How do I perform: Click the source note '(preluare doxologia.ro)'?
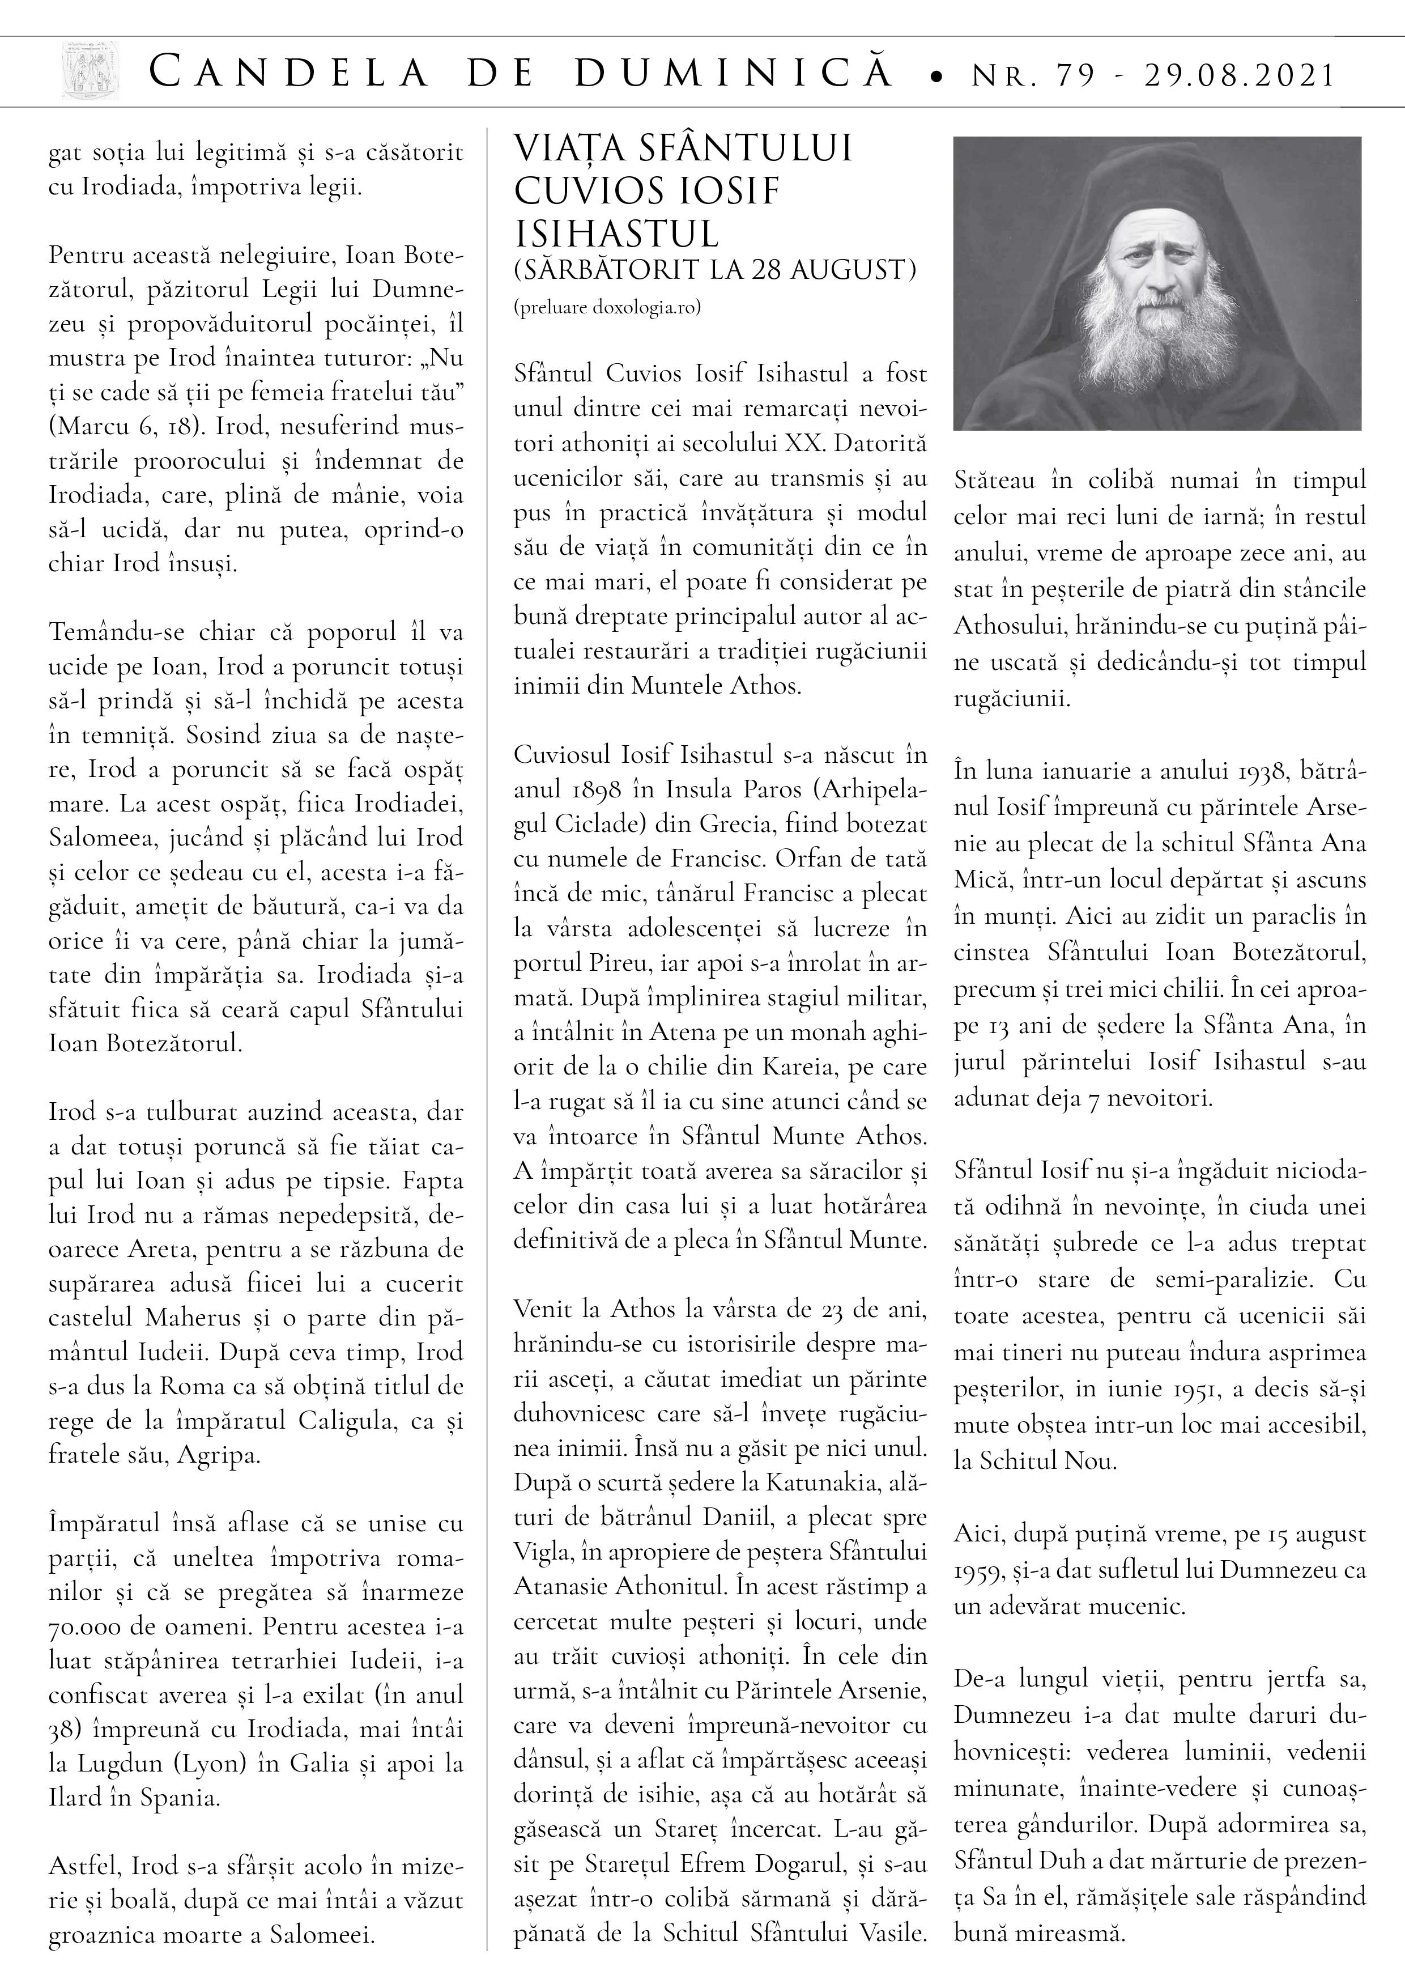(x=607, y=307)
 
